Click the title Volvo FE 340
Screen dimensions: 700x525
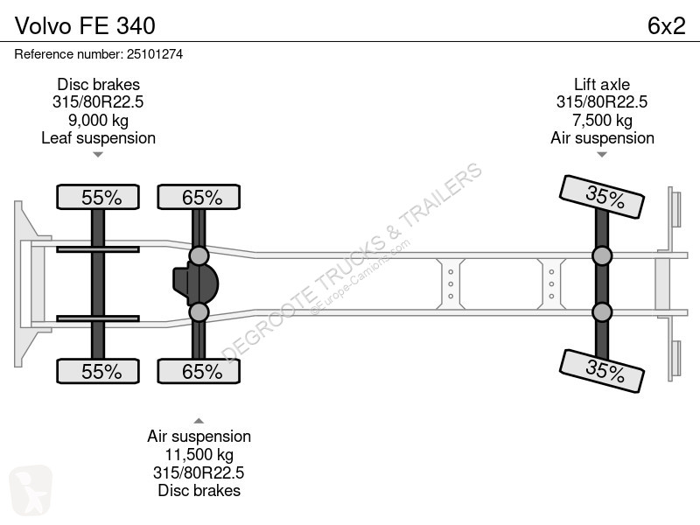[85, 25]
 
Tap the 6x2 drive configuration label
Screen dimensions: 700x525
[666, 25]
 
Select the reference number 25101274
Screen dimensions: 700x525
[155, 54]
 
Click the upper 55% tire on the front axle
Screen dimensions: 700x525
[98, 197]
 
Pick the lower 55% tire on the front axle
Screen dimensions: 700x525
[98, 371]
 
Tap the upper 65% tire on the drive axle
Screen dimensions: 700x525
[199, 197]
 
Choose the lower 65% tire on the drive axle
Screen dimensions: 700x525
[199, 371]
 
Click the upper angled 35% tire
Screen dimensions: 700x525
[602, 196]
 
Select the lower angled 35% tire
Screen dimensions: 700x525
[602, 371]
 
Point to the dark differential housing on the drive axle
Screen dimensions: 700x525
[195, 283]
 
